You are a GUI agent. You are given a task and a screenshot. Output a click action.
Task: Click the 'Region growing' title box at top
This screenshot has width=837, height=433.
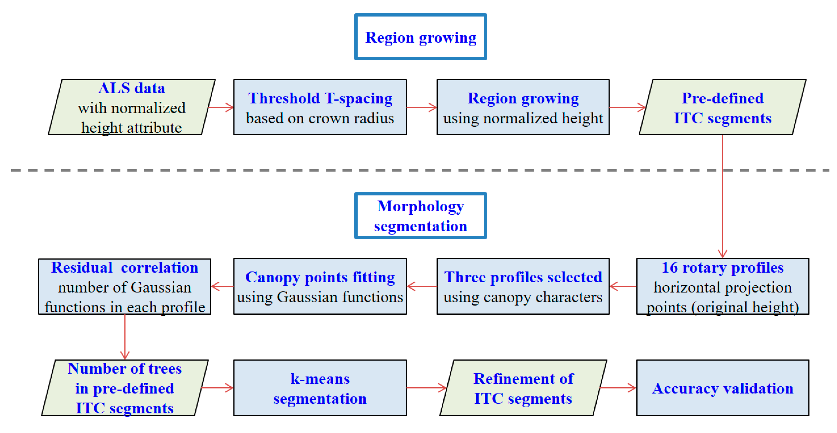tap(421, 37)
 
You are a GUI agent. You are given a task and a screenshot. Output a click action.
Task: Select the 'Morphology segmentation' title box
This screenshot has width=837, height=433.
tap(421, 216)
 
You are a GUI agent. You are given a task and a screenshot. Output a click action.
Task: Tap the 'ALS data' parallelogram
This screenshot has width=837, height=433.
tap(132, 107)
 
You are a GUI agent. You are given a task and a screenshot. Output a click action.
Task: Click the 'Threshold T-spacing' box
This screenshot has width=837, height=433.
tap(320, 107)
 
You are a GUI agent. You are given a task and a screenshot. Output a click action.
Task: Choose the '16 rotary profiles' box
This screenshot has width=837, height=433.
tap(723, 286)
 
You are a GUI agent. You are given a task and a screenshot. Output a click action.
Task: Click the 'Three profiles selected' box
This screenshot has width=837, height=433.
tap(523, 286)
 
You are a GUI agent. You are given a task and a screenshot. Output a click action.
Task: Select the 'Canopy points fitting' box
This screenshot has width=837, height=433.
tap(320, 286)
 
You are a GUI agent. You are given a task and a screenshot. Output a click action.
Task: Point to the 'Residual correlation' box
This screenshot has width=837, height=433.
tap(125, 286)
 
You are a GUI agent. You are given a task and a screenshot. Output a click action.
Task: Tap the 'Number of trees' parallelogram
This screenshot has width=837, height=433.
tap(125, 388)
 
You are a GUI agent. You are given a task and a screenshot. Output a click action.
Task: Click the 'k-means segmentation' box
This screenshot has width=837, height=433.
tap(320, 388)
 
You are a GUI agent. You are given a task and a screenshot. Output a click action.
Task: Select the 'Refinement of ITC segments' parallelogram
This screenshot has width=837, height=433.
tap(523, 388)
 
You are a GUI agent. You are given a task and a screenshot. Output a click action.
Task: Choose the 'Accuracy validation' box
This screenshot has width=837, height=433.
tap(723, 388)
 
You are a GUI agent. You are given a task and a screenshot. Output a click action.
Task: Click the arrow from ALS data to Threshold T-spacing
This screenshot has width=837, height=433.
tap(221, 107)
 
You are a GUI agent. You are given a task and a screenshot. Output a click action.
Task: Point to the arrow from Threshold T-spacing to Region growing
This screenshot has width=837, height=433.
tap(421, 107)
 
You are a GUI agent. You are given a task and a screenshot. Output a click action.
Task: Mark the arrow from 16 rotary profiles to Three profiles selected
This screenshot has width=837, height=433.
tap(623, 286)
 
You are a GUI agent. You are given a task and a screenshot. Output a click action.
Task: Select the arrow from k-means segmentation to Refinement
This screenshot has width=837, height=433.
tap(426, 388)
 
